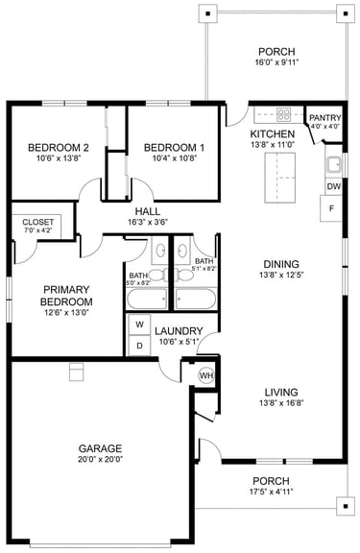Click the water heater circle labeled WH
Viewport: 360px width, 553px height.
click(206, 375)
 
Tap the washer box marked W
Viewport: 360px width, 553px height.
click(139, 325)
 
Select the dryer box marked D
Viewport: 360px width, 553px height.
click(139, 346)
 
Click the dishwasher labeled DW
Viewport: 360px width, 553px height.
click(333, 186)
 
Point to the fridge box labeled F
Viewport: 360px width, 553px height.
click(331, 208)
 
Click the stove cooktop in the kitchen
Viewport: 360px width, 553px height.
click(284, 114)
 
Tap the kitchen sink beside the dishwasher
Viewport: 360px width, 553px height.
click(333, 164)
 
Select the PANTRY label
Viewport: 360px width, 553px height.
click(324, 117)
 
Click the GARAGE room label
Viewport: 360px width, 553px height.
click(100, 448)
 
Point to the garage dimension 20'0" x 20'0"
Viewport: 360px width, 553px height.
click(100, 459)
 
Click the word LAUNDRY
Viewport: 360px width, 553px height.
click(179, 331)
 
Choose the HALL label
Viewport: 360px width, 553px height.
click(148, 211)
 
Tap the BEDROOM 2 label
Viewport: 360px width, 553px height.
click(59, 148)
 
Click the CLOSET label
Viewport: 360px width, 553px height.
click(38, 222)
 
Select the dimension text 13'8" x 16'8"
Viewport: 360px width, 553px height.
click(281, 403)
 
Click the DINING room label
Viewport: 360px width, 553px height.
click(281, 264)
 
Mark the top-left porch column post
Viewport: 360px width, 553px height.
click(208, 13)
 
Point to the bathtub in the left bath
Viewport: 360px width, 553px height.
click(147, 300)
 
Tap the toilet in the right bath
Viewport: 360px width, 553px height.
click(183, 274)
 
